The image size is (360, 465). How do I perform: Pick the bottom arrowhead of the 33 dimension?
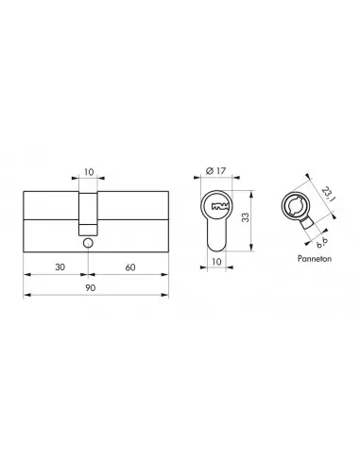250,250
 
